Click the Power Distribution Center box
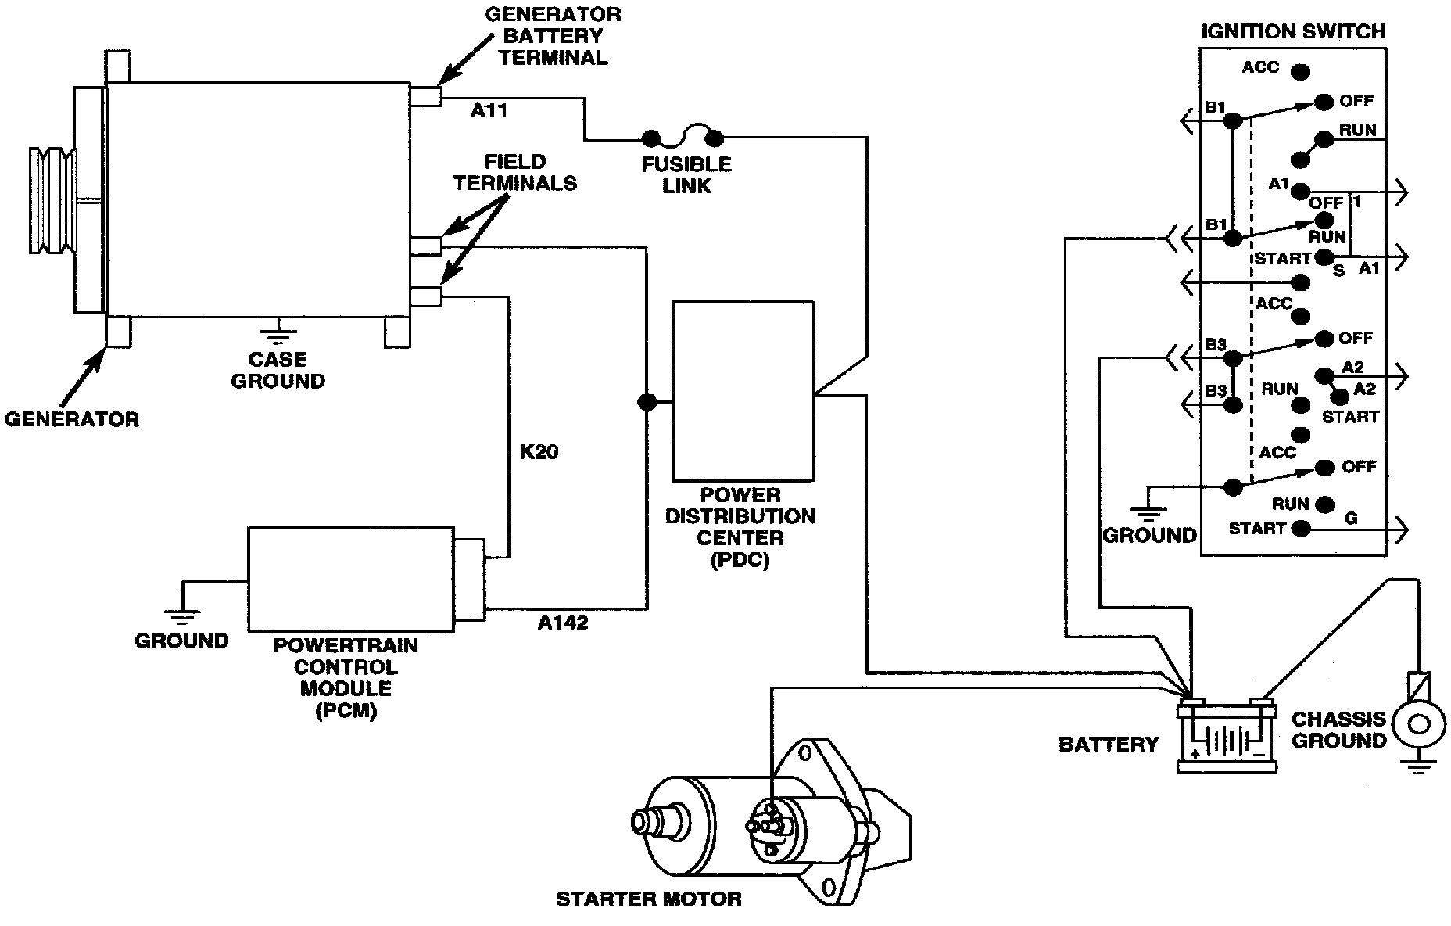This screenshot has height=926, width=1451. [x=743, y=391]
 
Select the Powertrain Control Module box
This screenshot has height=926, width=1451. [x=350, y=579]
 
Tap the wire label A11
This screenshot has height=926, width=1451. [x=489, y=111]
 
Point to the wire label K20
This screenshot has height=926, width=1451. [x=539, y=452]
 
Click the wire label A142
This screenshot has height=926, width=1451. [x=563, y=623]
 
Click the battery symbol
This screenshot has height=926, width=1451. [x=1227, y=734]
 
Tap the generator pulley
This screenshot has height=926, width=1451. [x=52, y=199]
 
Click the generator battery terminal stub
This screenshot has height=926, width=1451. [x=426, y=96]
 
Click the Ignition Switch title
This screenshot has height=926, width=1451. [x=1293, y=31]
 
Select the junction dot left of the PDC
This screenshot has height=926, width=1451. [x=647, y=402]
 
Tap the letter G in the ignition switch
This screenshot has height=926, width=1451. [x=1351, y=519]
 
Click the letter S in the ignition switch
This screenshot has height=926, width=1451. [x=1339, y=271]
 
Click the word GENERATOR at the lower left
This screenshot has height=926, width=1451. [x=72, y=419]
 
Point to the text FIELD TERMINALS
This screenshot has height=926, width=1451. [x=515, y=173]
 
